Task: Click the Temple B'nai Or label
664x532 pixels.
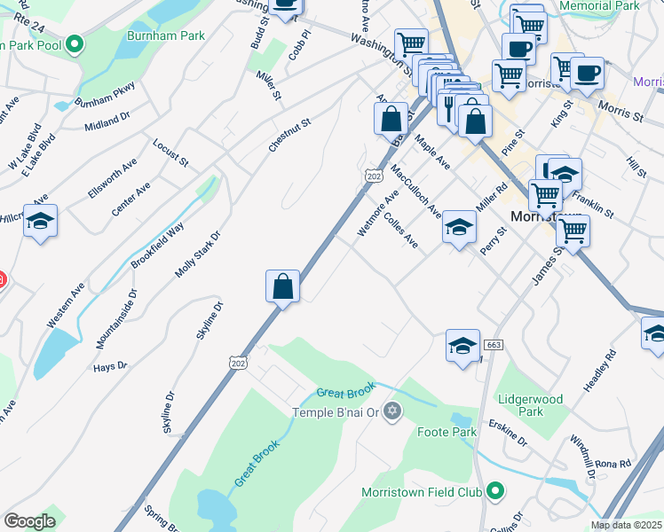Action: tap(336, 412)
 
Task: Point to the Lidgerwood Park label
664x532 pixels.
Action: tap(531, 405)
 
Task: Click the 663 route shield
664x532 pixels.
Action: tap(494, 345)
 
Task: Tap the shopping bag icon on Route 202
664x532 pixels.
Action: tap(282, 286)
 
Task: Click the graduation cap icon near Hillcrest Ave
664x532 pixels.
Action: tap(40, 221)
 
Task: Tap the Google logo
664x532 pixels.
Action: tap(29, 521)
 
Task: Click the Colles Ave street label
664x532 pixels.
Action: tap(401, 228)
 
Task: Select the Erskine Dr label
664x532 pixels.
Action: tap(509, 439)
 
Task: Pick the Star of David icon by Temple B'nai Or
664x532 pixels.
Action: tap(393, 411)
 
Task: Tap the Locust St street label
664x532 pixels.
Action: tap(170, 152)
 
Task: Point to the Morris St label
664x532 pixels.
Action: tap(620, 112)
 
